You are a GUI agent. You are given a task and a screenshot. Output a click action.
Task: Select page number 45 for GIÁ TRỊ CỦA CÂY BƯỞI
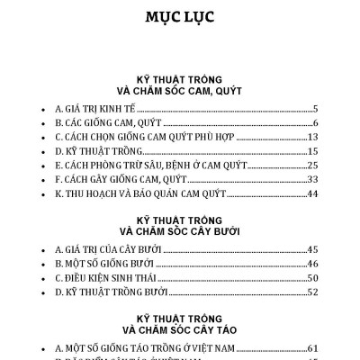315,248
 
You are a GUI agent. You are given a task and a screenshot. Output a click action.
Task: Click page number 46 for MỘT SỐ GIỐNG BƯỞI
315,263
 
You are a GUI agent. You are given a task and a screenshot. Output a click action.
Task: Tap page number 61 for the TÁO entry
315,346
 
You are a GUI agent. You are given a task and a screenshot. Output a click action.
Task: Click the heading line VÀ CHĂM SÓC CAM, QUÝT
180,91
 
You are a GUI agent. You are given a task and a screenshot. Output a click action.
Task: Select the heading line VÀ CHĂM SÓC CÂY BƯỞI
180,232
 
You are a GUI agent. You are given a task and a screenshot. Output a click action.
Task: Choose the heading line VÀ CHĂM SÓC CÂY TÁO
180,330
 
